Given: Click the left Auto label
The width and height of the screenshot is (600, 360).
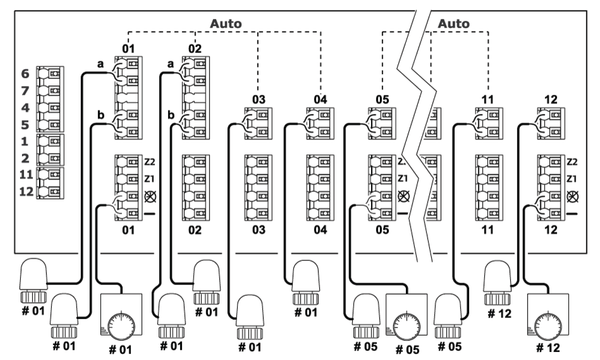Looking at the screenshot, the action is (x=226, y=24).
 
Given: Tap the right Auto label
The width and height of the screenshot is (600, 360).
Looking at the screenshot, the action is (x=454, y=24).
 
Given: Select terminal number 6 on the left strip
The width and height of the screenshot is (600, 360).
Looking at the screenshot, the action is (x=25, y=74).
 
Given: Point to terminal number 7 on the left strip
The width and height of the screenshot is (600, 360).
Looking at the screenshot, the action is (x=25, y=91).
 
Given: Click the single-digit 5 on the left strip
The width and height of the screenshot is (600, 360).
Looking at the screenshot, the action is (x=25, y=125).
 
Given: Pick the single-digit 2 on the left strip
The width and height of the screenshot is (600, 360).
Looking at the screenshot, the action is (x=25, y=159).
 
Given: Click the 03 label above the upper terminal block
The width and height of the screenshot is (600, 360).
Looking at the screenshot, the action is (x=259, y=100).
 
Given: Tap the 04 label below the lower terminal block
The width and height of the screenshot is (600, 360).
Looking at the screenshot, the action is (x=320, y=230).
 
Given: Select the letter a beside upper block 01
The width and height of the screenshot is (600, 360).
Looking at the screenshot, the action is (x=100, y=64).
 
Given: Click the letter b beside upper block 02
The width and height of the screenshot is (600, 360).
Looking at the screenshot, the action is (x=171, y=115).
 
